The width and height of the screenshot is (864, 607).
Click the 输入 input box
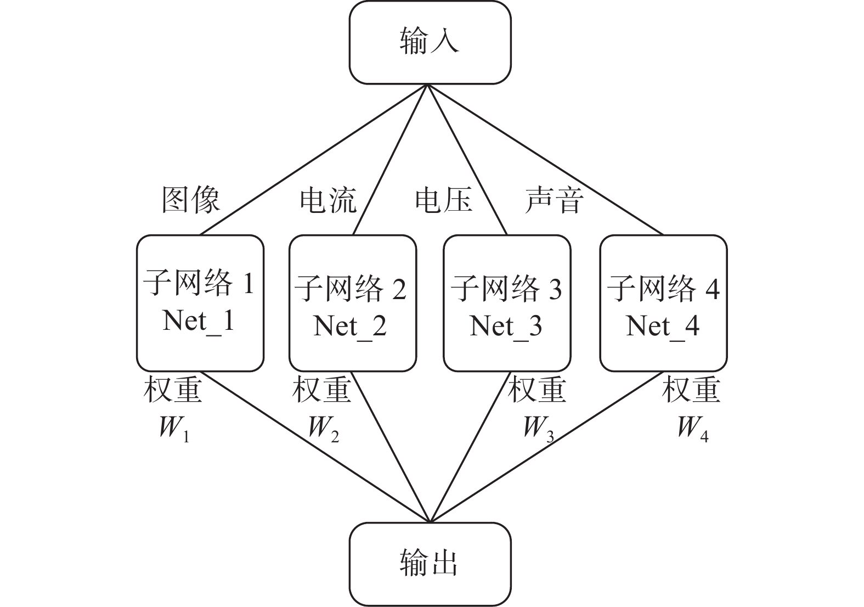[x=430, y=42]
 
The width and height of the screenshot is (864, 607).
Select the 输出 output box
[x=430, y=564]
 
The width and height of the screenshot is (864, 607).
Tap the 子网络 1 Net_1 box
[x=200, y=303]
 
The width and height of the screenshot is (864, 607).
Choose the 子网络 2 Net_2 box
[x=352, y=303]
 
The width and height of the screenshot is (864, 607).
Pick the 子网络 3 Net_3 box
[x=506, y=303]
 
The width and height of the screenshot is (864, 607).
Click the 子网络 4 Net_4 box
[x=663, y=303]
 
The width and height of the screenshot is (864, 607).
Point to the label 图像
[x=191, y=199]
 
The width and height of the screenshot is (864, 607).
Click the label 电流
[x=328, y=199]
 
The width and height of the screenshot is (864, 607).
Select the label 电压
[x=443, y=199]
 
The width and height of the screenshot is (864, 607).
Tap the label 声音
[x=554, y=199]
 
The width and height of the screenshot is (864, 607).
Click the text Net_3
[x=506, y=326]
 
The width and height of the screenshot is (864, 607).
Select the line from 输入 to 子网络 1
[x=313, y=160]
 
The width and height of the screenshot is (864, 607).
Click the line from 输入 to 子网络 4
[x=546, y=160]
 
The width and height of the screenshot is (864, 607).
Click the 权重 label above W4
[x=691, y=390]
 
